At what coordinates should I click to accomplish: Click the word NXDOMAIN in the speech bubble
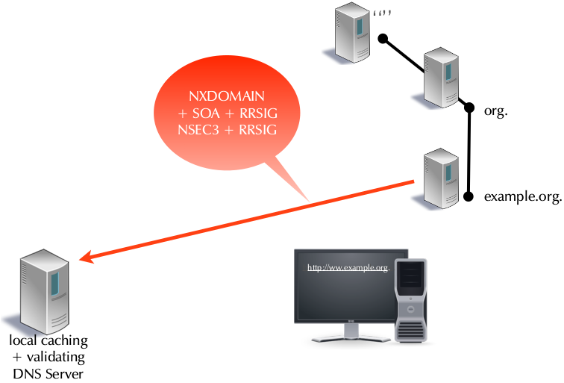click(228, 97)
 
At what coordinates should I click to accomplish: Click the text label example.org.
click(522, 197)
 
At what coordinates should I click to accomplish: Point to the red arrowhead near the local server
click(87, 258)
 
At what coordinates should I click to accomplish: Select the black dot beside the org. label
click(469, 108)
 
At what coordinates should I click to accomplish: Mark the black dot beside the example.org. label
click(469, 197)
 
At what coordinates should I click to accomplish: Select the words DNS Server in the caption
click(48, 373)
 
